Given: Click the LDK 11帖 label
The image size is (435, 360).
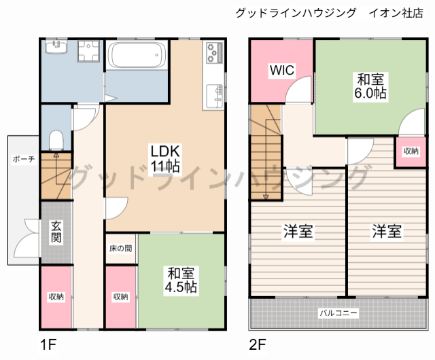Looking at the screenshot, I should coord(164,157).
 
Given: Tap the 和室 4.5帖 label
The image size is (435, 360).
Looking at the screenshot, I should coord(181,280).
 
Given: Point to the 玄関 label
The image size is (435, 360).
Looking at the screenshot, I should coord(56,232).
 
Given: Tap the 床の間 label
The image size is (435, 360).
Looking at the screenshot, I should coord(121,249).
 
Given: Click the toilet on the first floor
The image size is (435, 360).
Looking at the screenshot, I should coord(56,141).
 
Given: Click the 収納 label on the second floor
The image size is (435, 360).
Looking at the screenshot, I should coord(410,151).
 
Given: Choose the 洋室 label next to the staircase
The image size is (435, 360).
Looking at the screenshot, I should coord(298,232).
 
